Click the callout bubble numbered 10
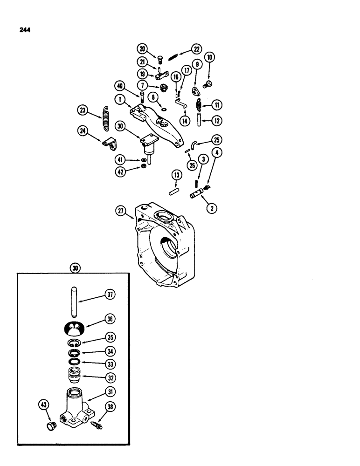coord(209,58)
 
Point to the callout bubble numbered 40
coord(121,85)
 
